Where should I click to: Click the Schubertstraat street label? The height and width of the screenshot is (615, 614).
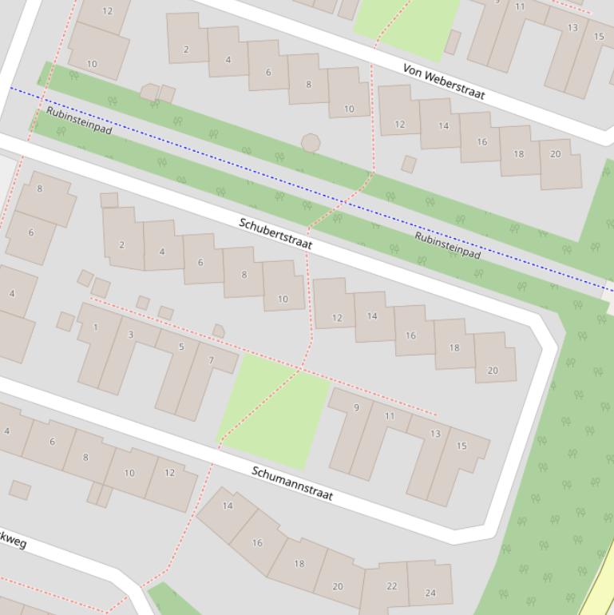(x=275, y=232)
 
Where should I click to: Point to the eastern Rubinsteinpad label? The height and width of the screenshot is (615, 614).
(x=447, y=246)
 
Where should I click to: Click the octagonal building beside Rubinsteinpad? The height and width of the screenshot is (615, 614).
(x=311, y=143)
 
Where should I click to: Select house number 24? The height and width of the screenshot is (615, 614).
(x=430, y=592)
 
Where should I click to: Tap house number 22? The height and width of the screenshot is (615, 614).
(x=390, y=586)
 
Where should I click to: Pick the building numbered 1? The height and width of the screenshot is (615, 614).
(x=96, y=327)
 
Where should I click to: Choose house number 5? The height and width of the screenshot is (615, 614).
(x=181, y=347)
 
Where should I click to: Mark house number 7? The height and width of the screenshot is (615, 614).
(x=212, y=360)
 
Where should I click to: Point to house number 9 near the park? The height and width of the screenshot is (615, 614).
(x=356, y=407)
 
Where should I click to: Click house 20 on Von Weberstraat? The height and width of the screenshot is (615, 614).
(x=556, y=153)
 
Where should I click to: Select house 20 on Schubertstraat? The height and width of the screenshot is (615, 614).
(x=493, y=370)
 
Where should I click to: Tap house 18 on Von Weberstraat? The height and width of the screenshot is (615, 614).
(x=518, y=153)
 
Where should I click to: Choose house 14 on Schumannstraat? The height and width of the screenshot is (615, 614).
(x=228, y=506)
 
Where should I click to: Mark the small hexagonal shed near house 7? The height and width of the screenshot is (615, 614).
(x=218, y=331)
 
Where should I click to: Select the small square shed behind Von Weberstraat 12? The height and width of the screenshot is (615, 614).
(x=409, y=165)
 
